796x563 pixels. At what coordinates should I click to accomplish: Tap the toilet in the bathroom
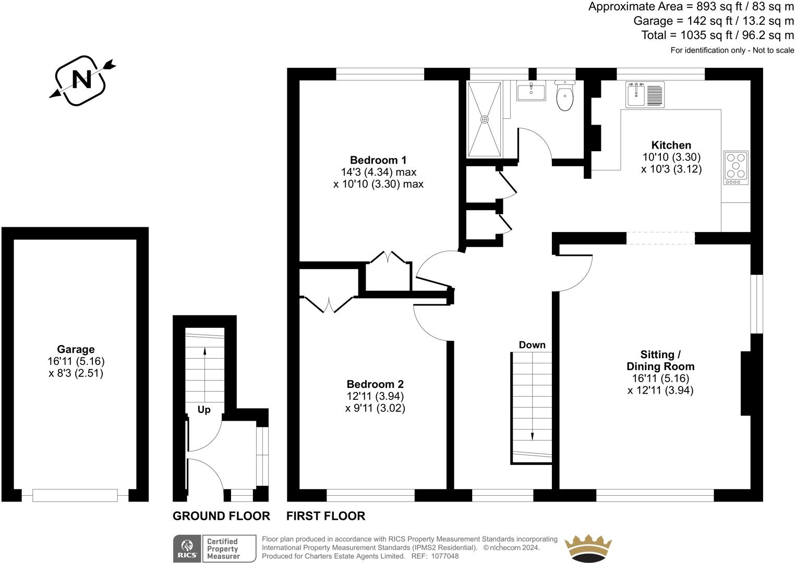pos(564,96)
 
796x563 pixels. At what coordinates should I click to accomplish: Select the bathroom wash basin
pos(530,92)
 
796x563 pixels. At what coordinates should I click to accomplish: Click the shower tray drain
pos(485,119)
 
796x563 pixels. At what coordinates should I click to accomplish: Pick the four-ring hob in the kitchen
pos(735,167)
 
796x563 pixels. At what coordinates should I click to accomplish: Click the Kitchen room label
pos(671,145)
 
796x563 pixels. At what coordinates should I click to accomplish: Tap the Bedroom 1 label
pos(378,160)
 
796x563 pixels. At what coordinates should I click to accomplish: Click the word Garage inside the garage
pos(76,349)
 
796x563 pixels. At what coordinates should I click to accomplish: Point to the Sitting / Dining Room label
pos(660,360)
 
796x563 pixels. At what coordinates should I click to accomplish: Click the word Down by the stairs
pos(532,345)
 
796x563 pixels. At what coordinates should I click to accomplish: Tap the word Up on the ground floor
pos(204,410)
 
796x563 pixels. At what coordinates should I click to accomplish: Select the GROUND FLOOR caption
pos(221,516)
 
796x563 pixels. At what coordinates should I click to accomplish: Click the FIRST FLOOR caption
pos(325,516)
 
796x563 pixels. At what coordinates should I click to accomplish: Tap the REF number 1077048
pos(442,556)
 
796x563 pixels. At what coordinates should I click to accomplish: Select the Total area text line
pos(717,35)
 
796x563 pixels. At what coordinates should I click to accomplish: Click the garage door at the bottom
pos(75,495)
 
